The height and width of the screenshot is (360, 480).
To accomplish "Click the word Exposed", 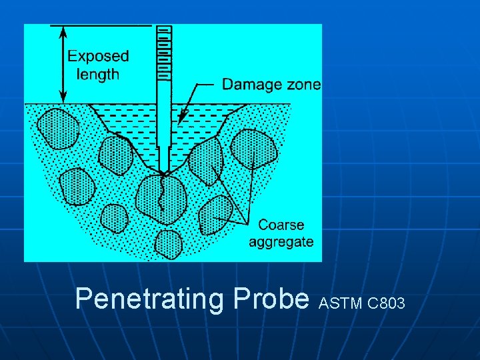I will (99, 57).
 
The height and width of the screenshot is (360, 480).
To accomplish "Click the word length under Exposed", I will (98, 73).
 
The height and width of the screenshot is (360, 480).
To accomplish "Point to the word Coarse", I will (281, 225).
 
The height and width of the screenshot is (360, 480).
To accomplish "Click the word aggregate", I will (281, 241).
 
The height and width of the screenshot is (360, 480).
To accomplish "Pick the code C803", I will (386, 305).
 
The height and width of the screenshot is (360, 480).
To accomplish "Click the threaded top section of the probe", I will (163, 53).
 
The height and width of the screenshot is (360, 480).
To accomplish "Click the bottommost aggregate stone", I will (168, 244).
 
